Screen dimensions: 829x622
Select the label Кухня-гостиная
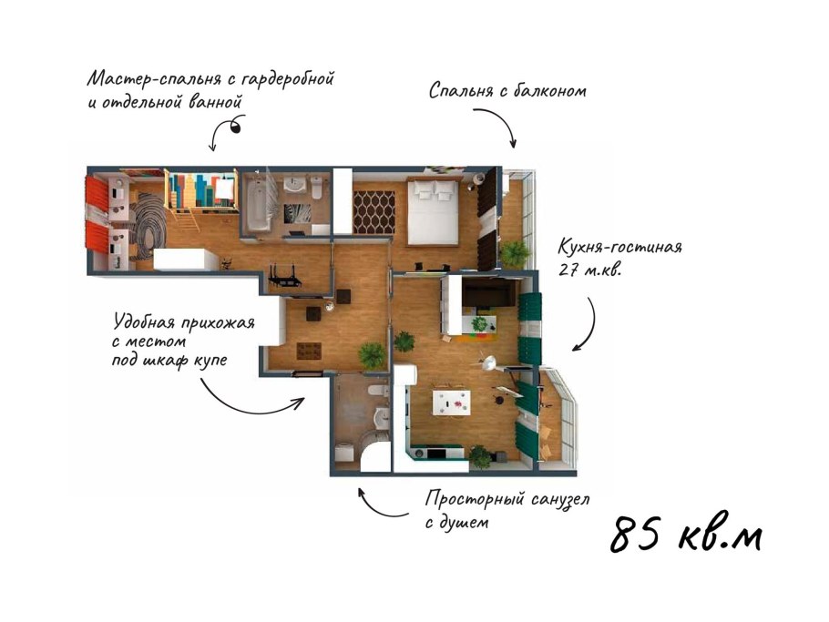click(x=620, y=248)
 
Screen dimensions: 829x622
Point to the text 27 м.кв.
click(x=590, y=270)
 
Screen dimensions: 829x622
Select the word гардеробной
click(x=288, y=79)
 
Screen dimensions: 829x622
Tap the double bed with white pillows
click(x=433, y=211)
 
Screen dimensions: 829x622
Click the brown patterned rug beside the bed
click(x=374, y=212)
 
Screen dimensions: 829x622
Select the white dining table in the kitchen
click(x=450, y=403)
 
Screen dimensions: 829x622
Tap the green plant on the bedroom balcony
click(x=514, y=254)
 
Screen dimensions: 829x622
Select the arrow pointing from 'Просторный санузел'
click(x=379, y=506)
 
